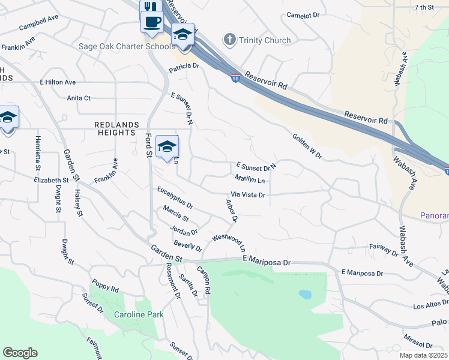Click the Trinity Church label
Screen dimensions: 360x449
point(265,41)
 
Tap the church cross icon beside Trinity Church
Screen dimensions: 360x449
point(229,40)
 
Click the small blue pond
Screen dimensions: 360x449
point(305,295)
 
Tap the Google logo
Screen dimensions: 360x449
point(20,353)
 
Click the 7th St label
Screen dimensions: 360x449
point(424,7)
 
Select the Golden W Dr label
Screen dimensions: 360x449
point(307,146)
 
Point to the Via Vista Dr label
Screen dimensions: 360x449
point(248,195)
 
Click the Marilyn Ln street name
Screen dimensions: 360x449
point(250,179)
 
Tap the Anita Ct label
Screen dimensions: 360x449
point(79,98)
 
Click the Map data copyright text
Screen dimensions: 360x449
point(424,355)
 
